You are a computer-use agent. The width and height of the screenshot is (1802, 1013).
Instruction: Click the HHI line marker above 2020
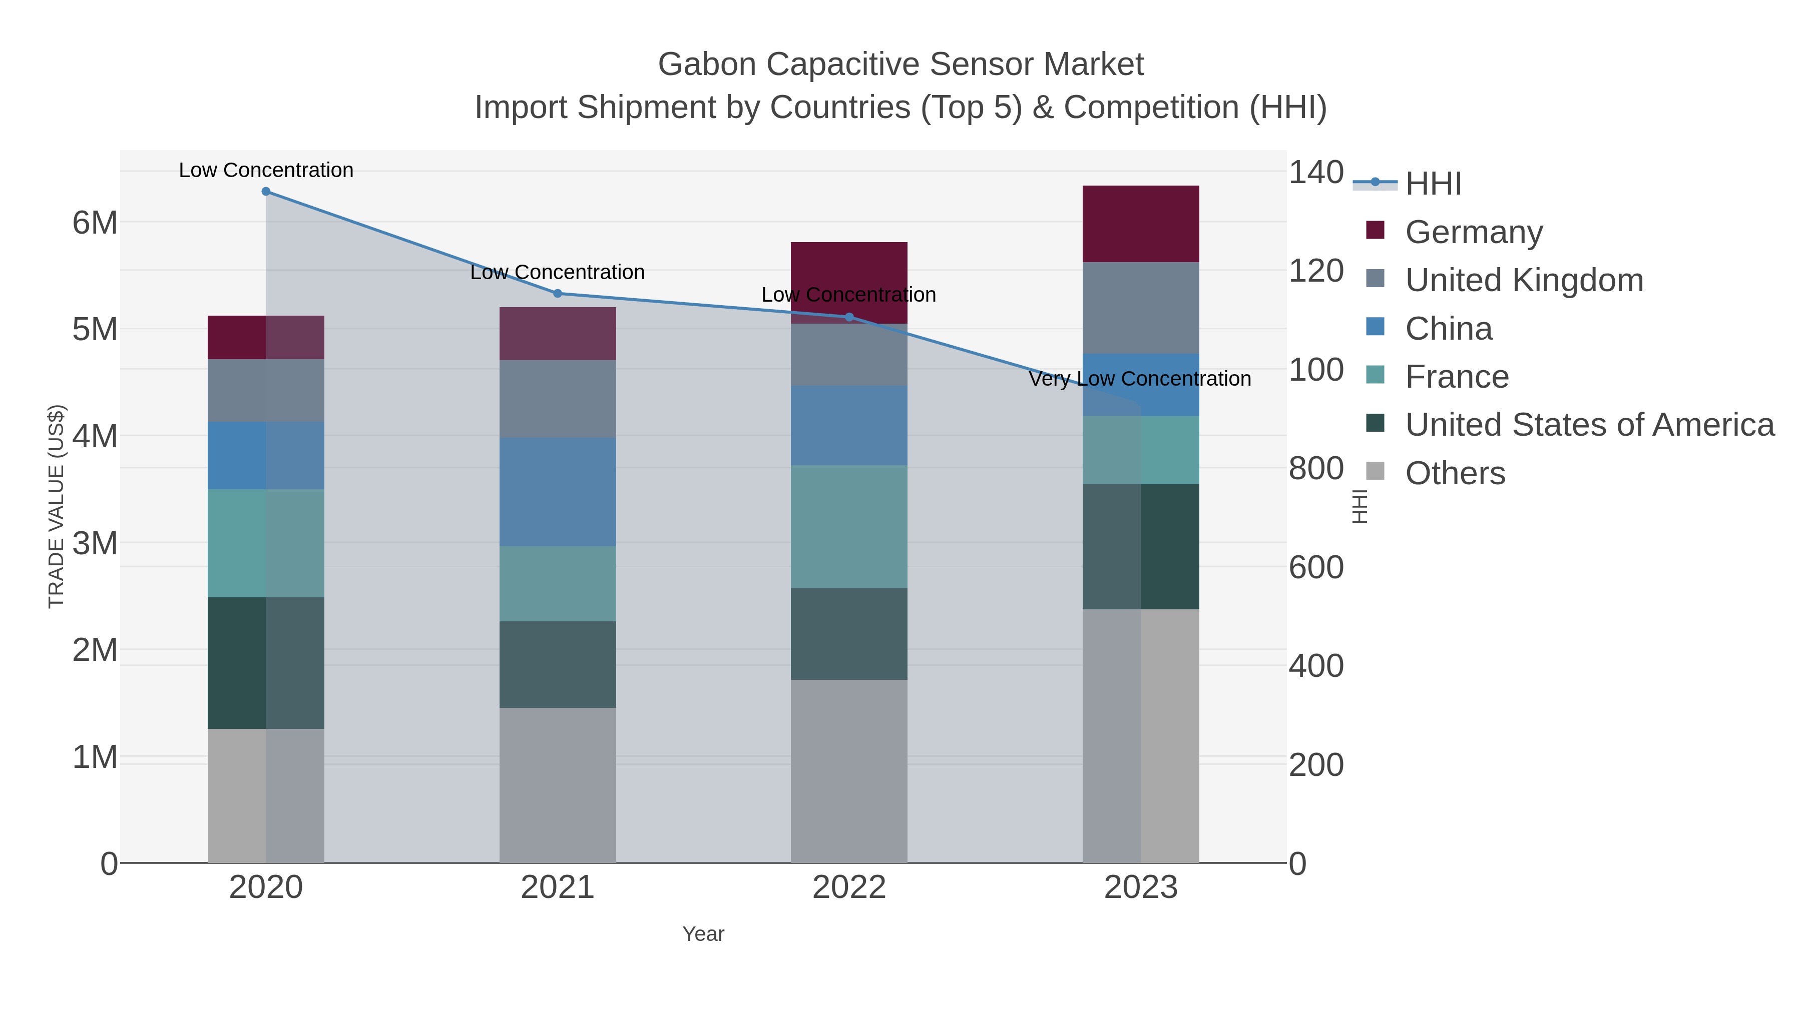click(x=266, y=191)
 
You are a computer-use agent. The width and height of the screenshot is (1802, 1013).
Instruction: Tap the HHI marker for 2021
click(x=558, y=293)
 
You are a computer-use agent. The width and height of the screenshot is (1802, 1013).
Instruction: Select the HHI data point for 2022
click(x=849, y=317)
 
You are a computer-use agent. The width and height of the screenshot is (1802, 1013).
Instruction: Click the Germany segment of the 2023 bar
click(x=1141, y=224)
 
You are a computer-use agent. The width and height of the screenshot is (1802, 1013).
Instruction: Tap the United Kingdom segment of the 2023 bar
click(x=1141, y=308)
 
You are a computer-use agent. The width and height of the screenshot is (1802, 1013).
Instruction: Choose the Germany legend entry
click(x=1473, y=232)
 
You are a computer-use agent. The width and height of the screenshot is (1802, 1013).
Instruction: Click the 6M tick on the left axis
click(x=95, y=223)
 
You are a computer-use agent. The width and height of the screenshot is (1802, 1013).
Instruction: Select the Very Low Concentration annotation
click(x=1140, y=379)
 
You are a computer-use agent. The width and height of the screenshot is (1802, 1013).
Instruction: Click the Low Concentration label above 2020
click(x=266, y=170)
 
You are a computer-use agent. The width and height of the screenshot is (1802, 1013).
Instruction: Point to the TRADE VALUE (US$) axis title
click(x=56, y=506)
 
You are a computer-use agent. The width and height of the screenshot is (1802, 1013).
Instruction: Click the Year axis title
click(x=703, y=934)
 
